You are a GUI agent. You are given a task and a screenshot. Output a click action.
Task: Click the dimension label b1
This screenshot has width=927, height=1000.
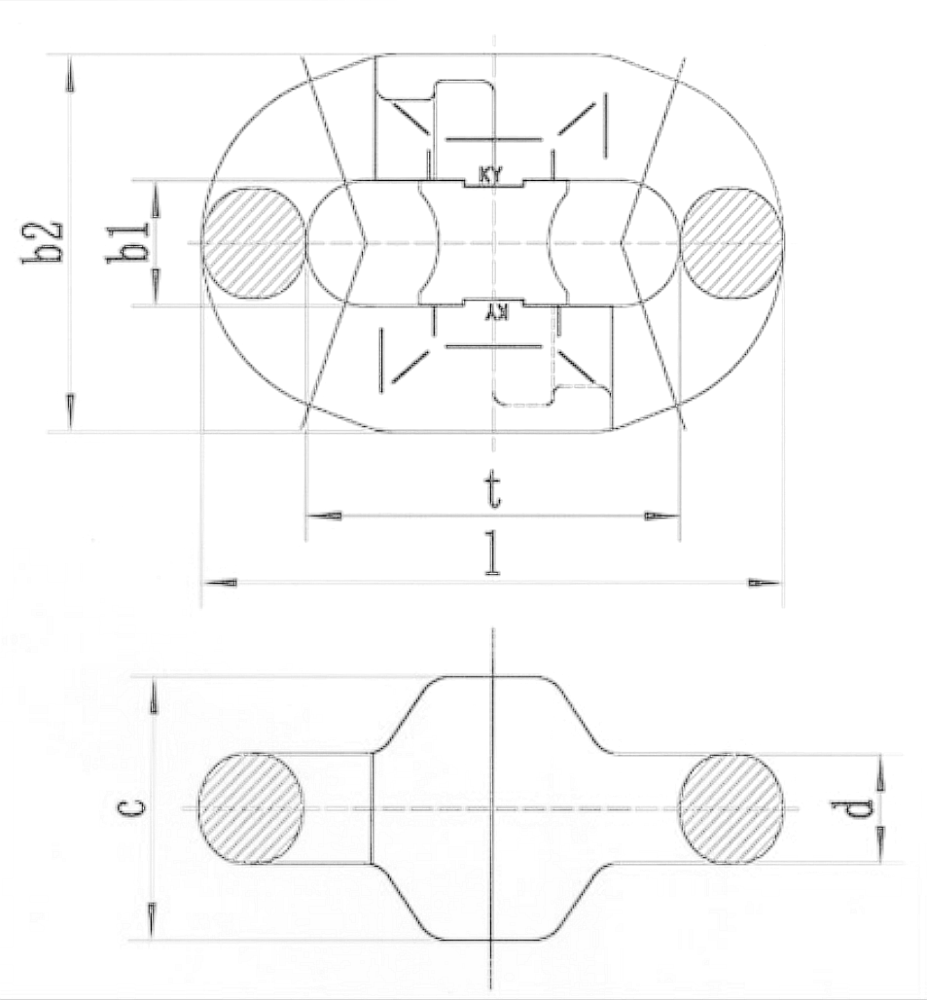point(126,243)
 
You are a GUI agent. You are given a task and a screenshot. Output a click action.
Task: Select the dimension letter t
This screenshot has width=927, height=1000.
point(491,490)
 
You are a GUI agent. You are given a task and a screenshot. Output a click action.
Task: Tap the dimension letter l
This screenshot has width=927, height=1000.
point(491,554)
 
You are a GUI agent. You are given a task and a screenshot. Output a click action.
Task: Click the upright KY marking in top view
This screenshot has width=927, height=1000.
point(490,175)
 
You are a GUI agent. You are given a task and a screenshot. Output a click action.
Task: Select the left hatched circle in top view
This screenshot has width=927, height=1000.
point(255,243)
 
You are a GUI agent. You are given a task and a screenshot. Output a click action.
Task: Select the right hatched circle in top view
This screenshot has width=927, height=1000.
point(732,243)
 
